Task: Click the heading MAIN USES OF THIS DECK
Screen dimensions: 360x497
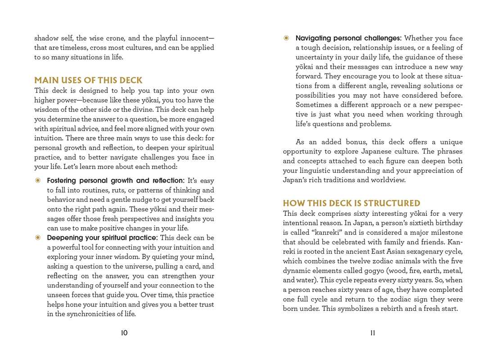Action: (88, 80)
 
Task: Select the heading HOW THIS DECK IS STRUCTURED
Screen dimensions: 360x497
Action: (351, 203)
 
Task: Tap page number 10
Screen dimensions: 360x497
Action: (124, 333)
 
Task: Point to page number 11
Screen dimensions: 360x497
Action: (372, 333)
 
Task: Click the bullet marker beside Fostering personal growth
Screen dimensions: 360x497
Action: (38, 181)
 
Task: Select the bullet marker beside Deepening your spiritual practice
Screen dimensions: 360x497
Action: (38, 237)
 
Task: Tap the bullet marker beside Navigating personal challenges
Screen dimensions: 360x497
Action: (286, 38)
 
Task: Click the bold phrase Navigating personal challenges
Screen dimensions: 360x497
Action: (348, 38)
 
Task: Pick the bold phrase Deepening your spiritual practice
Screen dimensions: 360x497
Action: (102, 237)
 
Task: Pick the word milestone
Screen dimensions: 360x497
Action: (445, 232)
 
